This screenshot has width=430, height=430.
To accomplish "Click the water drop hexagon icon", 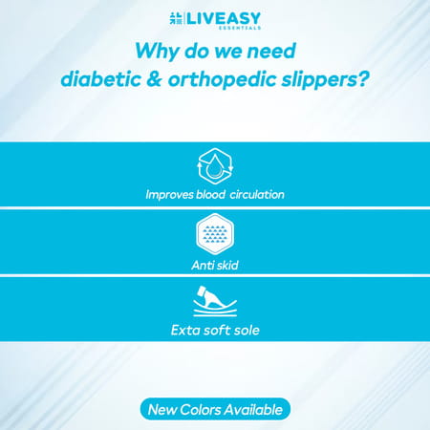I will [215, 164].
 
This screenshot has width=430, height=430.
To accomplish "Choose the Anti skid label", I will [215, 265].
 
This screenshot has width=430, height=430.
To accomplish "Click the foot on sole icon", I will [215, 303].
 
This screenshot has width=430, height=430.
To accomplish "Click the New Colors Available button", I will [215, 409].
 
